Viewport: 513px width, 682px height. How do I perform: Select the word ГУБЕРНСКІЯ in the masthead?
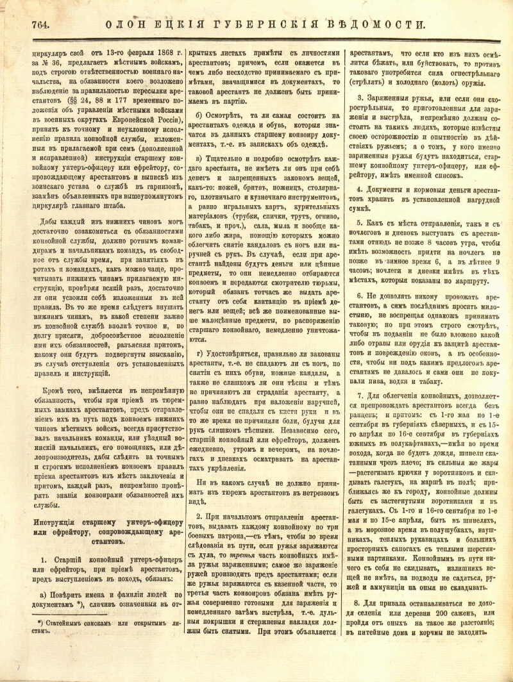pyautogui.click(x=275, y=25)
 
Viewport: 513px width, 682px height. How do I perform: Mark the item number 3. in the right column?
pyautogui.click(x=360, y=97)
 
